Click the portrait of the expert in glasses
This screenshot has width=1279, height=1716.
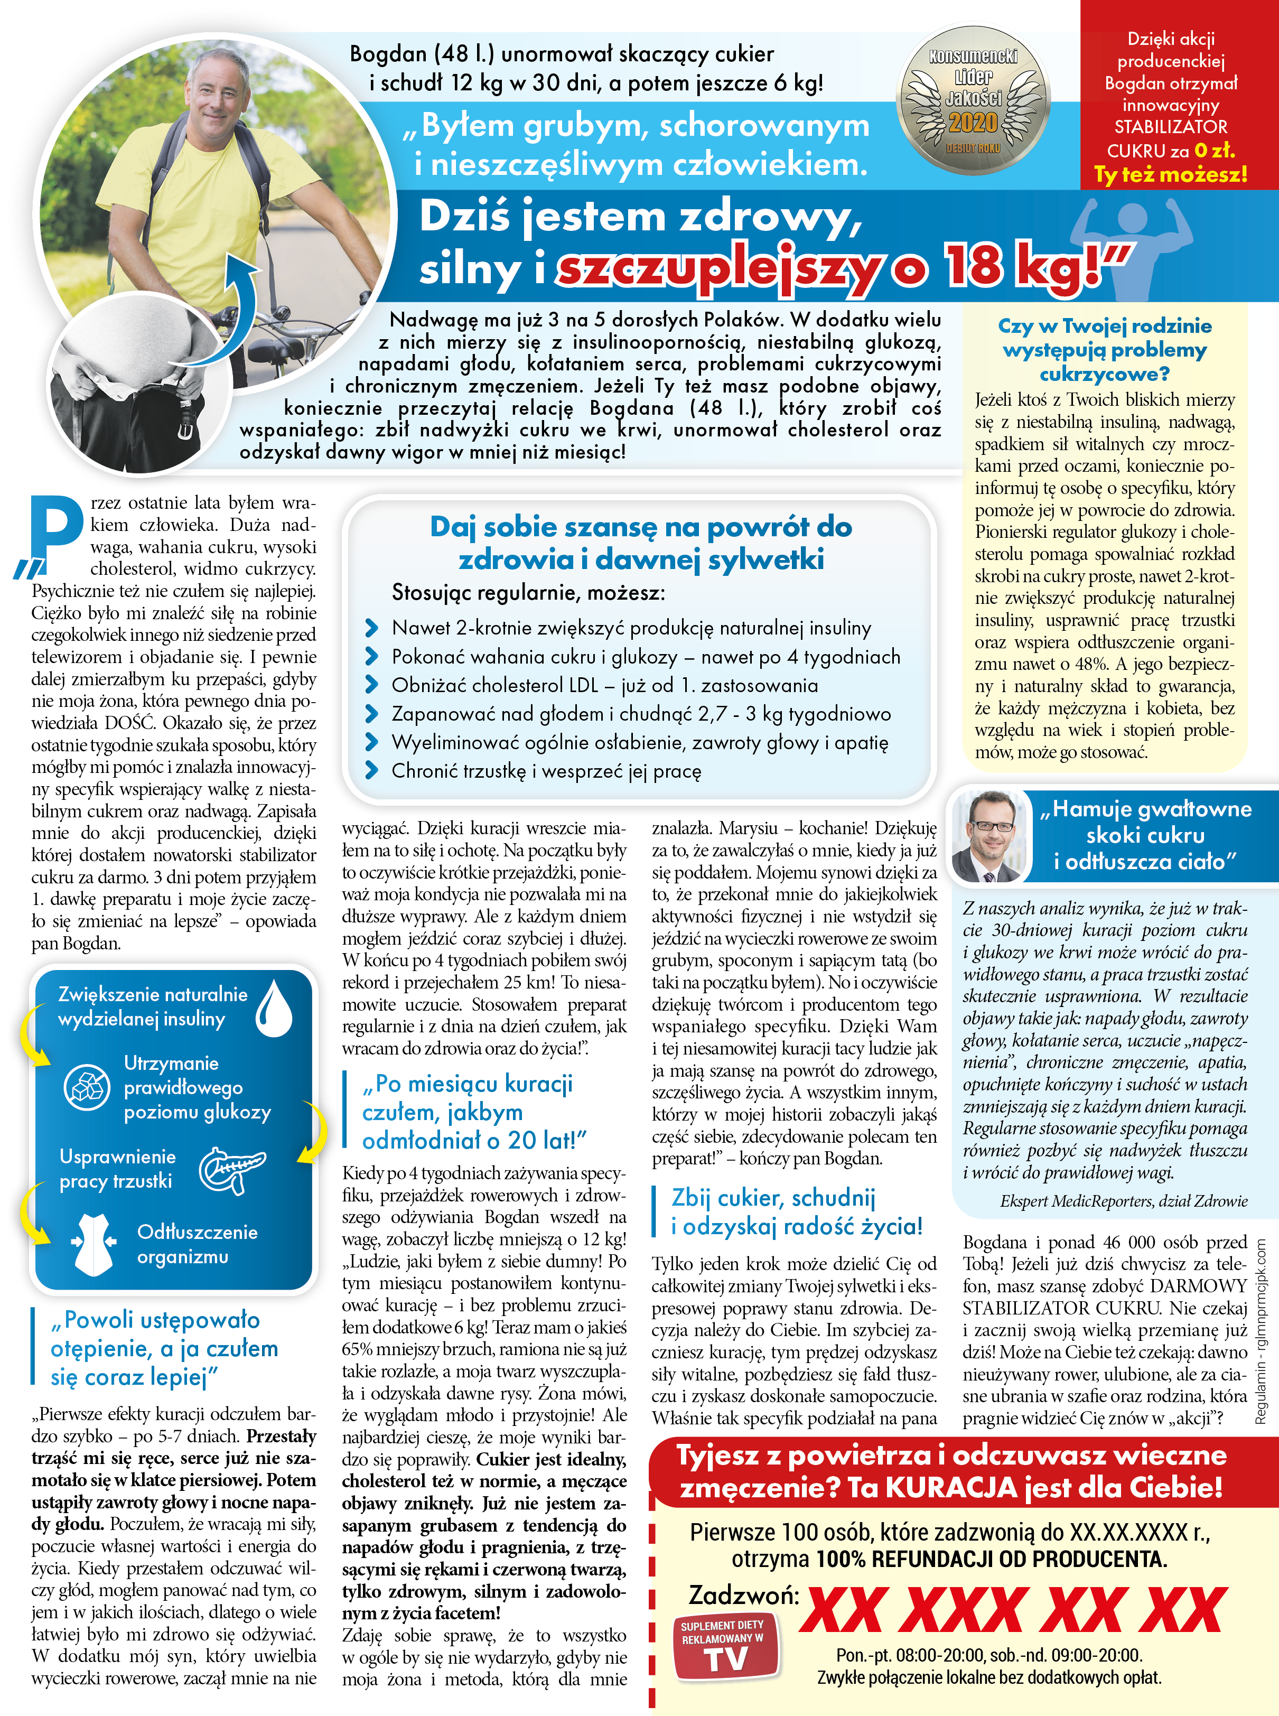click(988, 836)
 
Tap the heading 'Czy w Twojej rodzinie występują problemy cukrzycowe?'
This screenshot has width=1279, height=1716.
click(1104, 350)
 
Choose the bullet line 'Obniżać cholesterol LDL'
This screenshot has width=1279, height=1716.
click(604, 685)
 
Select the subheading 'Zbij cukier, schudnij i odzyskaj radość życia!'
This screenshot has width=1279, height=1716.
click(796, 1212)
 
